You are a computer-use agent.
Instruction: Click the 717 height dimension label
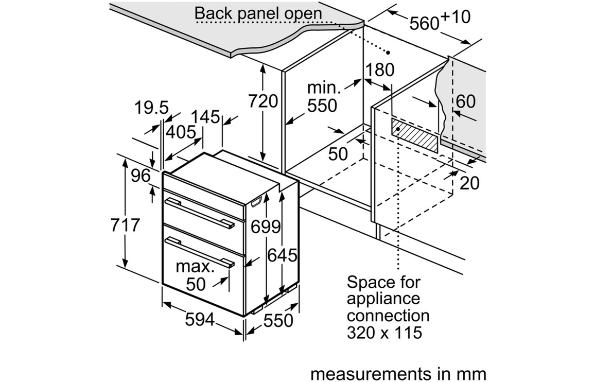pyautogui.click(x=126, y=225)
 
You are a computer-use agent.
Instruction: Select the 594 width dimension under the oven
pyautogui.click(x=200, y=320)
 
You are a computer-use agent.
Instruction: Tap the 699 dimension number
pyautogui.click(x=266, y=227)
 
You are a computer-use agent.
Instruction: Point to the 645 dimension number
pyautogui.click(x=283, y=255)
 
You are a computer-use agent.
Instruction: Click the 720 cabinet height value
pyautogui.click(x=263, y=101)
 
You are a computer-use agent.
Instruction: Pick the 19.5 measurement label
pyautogui.click(x=151, y=108)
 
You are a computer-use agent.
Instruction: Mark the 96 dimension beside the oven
pyautogui.click(x=140, y=176)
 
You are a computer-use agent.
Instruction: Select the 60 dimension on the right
pyautogui.click(x=465, y=101)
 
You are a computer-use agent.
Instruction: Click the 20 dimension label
pyautogui.click(x=469, y=182)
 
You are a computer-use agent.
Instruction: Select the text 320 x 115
pyautogui.click(x=384, y=332)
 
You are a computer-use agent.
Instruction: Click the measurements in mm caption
pyautogui.click(x=398, y=373)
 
